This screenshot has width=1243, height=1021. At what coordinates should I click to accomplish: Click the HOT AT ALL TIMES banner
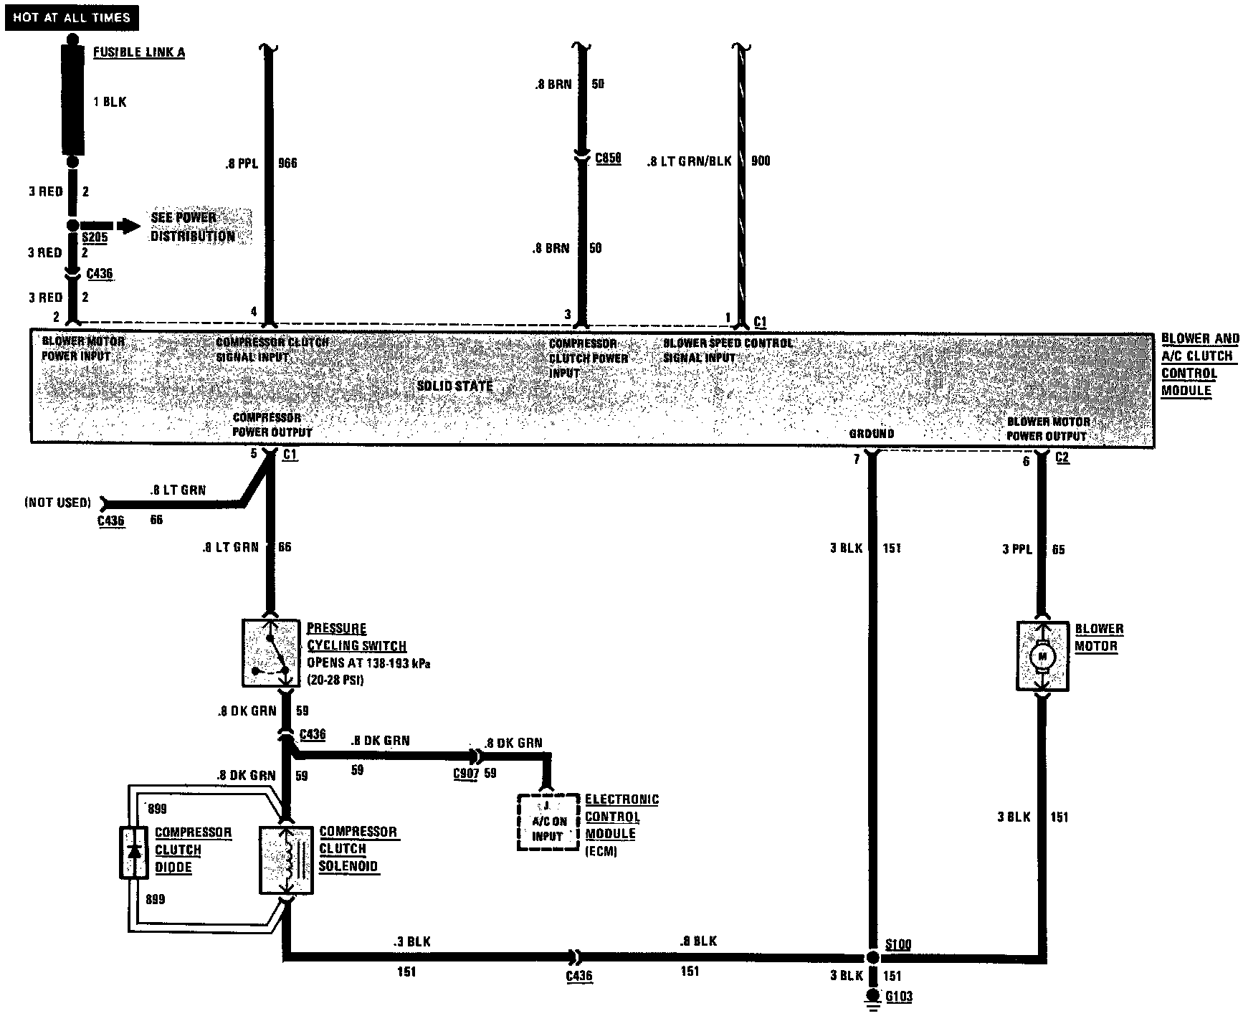pos(72,17)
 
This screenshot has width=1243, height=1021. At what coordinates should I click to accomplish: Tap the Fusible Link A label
pos(139,52)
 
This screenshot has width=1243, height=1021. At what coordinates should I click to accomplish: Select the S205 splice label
pos(95,237)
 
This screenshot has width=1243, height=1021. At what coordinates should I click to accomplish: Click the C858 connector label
pos(608,158)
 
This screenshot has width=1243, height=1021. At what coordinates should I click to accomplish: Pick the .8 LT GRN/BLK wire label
pos(689,161)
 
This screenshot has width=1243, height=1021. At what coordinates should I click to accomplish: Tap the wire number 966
pos(287,163)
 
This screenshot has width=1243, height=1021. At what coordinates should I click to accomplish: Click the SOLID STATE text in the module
pos(455,386)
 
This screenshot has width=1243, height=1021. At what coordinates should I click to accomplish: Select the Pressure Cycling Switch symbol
pos(271,652)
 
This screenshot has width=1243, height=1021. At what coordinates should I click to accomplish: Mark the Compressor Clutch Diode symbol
pos(133,852)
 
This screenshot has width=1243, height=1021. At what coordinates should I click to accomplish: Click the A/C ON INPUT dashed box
pos(548,822)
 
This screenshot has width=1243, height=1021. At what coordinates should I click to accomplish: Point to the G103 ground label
pos(898,997)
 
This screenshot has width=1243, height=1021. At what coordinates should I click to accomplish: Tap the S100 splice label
pos(897,944)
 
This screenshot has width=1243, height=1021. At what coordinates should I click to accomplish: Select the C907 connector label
pos(466,774)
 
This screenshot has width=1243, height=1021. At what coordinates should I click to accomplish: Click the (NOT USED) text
pos(58,503)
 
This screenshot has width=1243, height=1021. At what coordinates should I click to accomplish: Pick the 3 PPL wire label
pos(1016,550)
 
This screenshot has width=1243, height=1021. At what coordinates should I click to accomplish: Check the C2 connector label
pos(1062,457)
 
